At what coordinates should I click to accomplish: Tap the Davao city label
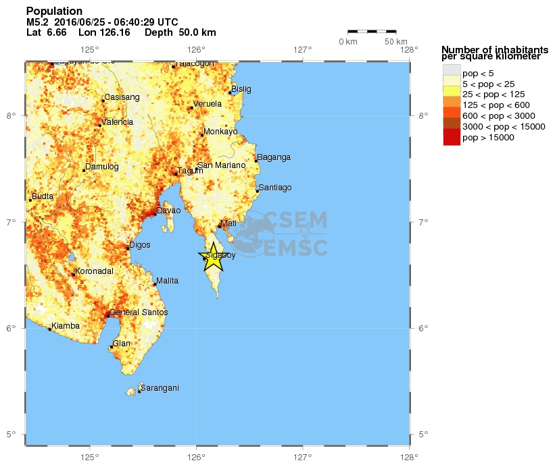pyautogui.click(x=168, y=211)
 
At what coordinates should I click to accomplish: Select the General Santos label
pyautogui.click(x=139, y=313)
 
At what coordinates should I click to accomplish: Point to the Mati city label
pyautogui.click(x=228, y=223)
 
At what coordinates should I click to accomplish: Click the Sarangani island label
pyautogui.click(x=160, y=388)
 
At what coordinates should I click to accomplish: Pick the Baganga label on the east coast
pyautogui.click(x=274, y=157)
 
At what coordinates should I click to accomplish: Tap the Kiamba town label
pyautogui.click(x=66, y=326)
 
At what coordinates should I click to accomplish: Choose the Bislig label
pyautogui.click(x=241, y=89)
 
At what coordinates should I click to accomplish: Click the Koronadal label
pyautogui.click(x=94, y=271)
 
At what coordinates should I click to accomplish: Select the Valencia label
pyautogui.click(x=117, y=122)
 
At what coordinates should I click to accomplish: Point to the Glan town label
pyautogui.click(x=122, y=344)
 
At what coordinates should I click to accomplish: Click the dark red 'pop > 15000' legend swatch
pyautogui.click(x=451, y=138)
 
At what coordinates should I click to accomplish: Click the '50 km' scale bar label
pyautogui.click(x=396, y=42)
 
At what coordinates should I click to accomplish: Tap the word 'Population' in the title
pyautogui.click(x=54, y=11)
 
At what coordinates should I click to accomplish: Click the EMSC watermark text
pyautogui.click(x=295, y=248)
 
